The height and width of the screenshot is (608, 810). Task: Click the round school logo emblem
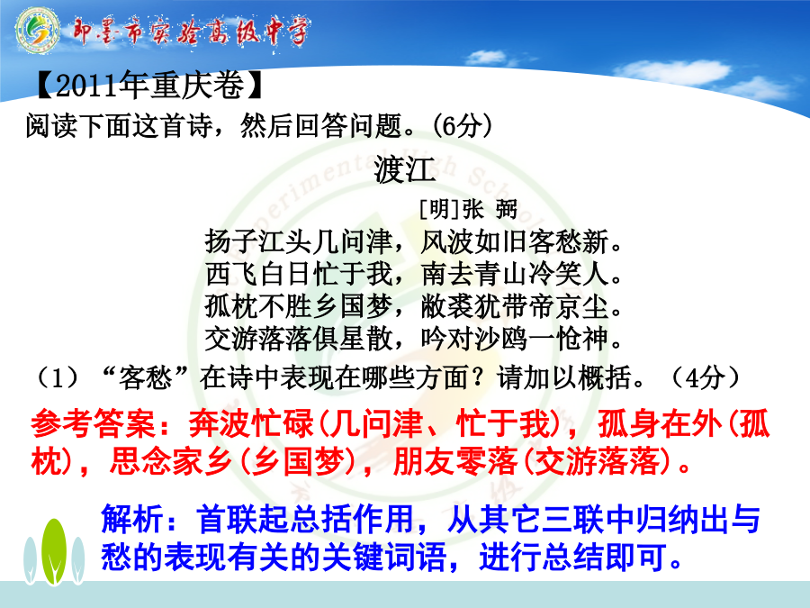[x=37, y=30]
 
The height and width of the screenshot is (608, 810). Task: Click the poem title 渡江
[x=405, y=170]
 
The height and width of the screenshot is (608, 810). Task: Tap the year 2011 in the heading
[x=85, y=86]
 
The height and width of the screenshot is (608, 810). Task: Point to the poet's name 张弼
[x=490, y=209]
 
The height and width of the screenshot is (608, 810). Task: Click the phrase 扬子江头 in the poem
[x=258, y=242]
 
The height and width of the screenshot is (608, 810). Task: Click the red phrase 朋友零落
[x=455, y=461]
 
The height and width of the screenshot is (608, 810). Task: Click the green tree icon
[x=54, y=552]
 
